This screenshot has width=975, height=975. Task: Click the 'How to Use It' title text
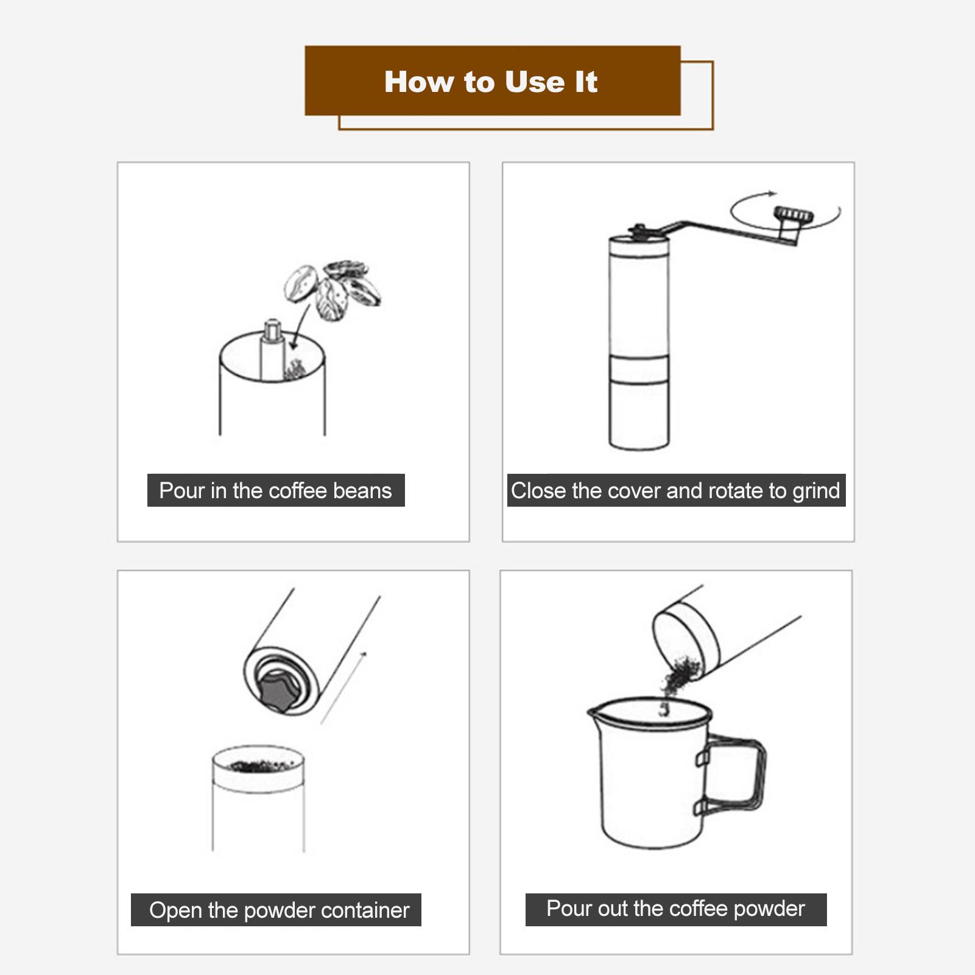[491, 82]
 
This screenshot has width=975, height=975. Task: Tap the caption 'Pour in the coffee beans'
[275, 491]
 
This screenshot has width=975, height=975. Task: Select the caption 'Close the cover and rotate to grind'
[675, 491]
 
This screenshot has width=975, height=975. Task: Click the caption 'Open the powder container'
[279, 910]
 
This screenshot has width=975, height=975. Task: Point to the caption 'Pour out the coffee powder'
[675, 909]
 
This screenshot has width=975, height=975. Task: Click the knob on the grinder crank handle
[790, 214]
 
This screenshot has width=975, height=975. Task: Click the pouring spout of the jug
[594, 711]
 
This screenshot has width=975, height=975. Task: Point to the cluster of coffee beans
[333, 290]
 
